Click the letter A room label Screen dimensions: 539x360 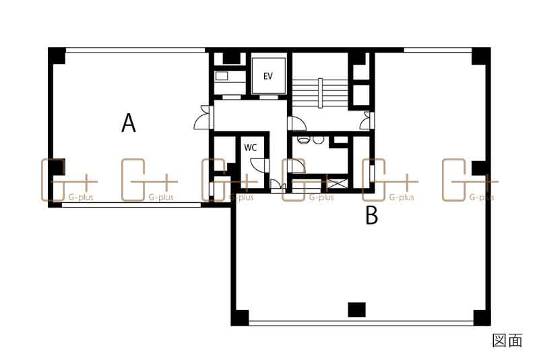[129, 123]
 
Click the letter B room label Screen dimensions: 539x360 [372, 215]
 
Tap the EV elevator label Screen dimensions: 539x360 [267, 76]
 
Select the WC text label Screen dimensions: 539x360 [250, 148]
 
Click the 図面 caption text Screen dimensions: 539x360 [507, 340]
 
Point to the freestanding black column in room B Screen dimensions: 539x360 [356, 309]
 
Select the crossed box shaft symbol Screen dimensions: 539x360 [336, 183]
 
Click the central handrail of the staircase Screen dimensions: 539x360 [320, 93]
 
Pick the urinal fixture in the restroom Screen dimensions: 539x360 [304, 140]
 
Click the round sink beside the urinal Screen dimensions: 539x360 [319, 140]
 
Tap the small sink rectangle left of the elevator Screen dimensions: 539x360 [222, 76]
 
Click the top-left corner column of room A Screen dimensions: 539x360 [57, 56]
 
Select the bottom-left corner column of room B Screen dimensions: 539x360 [240, 318]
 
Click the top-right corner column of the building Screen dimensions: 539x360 [481, 56]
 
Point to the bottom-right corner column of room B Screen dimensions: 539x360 [482, 318]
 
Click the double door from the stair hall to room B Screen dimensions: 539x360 [367, 121]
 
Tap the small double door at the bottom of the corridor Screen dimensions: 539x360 [278, 186]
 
